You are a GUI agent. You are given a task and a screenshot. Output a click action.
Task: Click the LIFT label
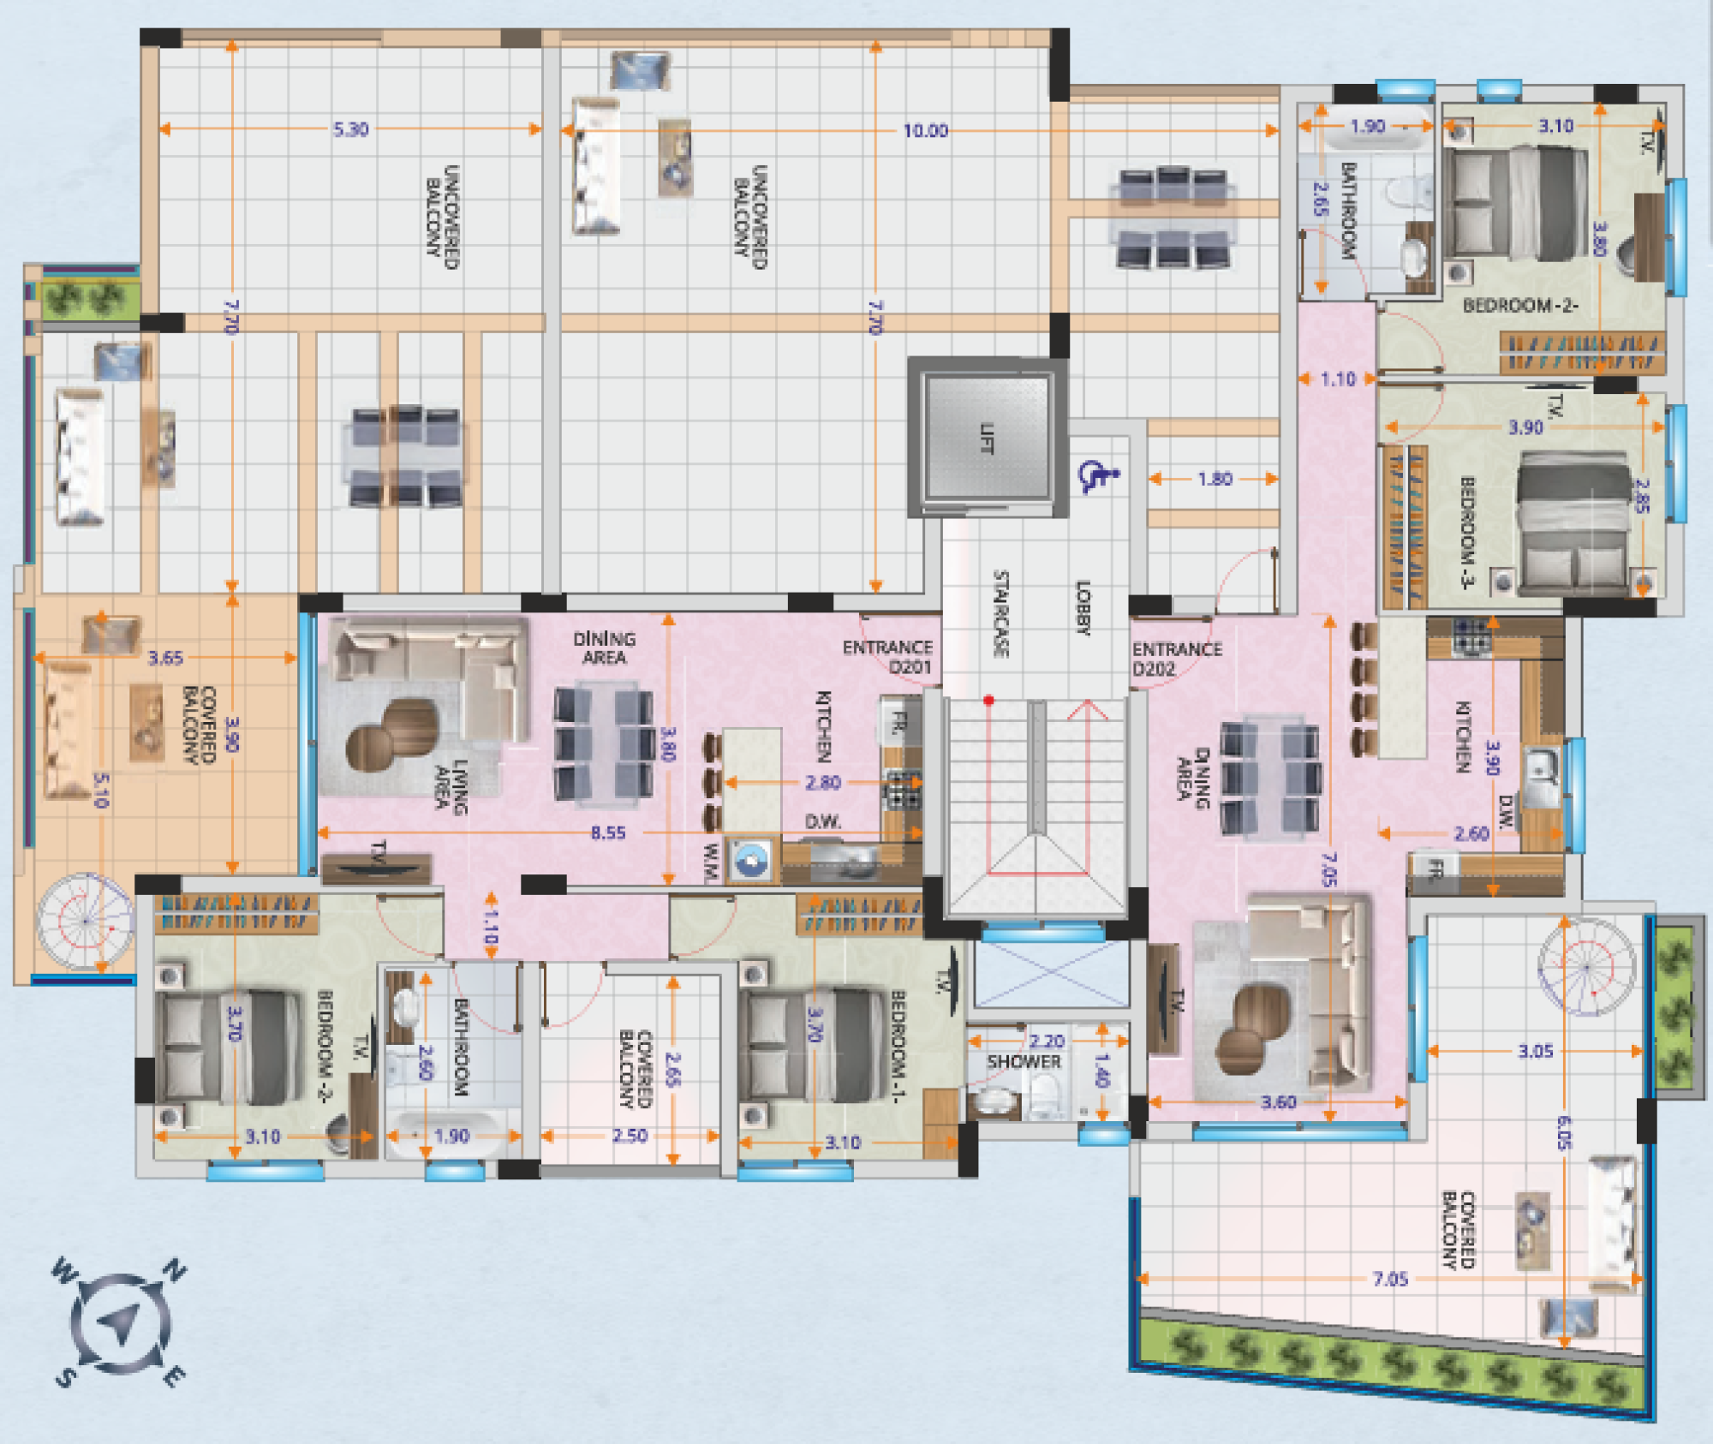[x=988, y=438]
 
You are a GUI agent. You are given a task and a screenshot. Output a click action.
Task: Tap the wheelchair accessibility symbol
[x=1099, y=475]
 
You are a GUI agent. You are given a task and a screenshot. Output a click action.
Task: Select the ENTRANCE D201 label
[x=887, y=657]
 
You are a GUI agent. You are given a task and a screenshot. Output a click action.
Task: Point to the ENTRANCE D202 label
[x=1177, y=659]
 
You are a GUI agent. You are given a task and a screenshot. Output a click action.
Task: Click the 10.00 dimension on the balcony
[x=926, y=130]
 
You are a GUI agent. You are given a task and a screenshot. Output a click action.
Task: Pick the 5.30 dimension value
[x=351, y=129]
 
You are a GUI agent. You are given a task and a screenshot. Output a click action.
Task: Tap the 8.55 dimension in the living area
[x=608, y=832]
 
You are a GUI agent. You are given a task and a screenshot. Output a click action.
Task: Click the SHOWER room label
[x=1024, y=1062]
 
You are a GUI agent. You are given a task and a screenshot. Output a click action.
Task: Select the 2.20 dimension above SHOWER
[x=1047, y=1041]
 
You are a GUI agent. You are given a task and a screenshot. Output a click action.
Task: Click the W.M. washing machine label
[x=711, y=862]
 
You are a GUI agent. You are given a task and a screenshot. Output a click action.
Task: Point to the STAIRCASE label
[x=1000, y=614]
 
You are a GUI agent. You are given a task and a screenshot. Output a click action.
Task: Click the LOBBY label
[x=1083, y=607]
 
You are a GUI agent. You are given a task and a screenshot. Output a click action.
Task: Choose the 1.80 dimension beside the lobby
[x=1215, y=479]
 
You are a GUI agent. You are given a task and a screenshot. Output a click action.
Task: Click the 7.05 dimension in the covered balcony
[x=1390, y=1279]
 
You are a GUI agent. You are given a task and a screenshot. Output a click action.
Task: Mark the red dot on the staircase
[x=988, y=701]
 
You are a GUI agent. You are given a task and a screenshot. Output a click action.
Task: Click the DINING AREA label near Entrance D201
[x=605, y=648]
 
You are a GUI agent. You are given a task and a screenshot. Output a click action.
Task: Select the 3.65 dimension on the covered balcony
[x=165, y=658]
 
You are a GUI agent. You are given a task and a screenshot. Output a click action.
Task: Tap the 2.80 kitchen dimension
[x=823, y=782]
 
